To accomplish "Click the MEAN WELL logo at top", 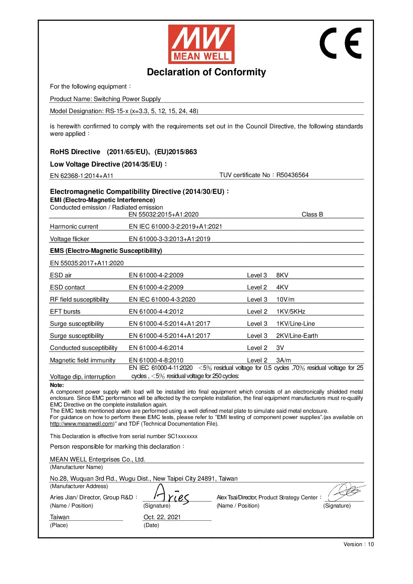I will click(201, 44).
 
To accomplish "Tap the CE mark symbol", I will click(341, 43).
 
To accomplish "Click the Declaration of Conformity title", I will click(206, 72).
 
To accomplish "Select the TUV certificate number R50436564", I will click(292, 175).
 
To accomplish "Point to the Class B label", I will click(312, 215).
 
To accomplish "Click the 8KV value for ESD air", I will click(282, 275).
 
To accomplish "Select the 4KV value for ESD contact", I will click(282, 288).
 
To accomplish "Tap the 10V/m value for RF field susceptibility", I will click(285, 300).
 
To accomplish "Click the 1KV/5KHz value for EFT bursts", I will click(291, 312).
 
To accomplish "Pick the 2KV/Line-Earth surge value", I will click(297, 336).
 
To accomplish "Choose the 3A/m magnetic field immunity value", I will click(283, 360).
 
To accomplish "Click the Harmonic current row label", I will click(74, 227).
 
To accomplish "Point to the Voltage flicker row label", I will click(69, 239).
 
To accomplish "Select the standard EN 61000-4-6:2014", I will click(156, 348).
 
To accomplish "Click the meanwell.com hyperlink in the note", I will click(81, 424).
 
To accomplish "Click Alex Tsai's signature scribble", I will click(345, 492).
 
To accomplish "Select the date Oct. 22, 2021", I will click(162, 517).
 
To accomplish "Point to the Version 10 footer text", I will click(358, 544).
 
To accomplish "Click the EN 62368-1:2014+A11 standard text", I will click(82, 176).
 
